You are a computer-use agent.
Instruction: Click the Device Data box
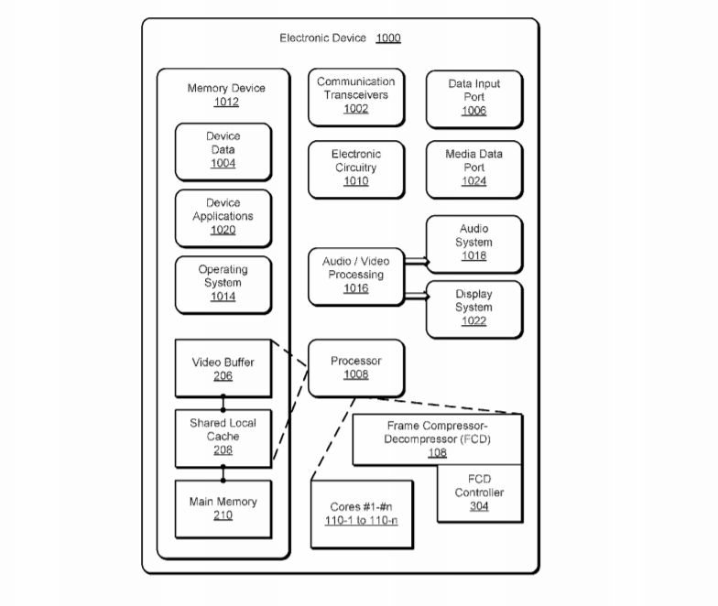tap(223, 151)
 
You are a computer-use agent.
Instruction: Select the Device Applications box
tap(223, 218)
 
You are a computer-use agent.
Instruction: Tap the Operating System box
tap(223, 284)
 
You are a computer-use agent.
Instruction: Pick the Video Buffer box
tap(223, 368)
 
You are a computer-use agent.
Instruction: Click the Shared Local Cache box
tap(223, 437)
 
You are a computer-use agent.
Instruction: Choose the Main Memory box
tap(223, 508)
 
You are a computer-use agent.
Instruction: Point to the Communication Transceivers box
tap(355, 96)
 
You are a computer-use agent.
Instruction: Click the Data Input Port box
tap(473, 98)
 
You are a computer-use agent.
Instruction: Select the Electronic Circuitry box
tap(355, 168)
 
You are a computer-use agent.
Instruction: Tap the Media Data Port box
tap(473, 168)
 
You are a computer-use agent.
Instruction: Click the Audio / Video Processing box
tap(355, 276)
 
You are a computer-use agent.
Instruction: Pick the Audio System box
tap(473, 243)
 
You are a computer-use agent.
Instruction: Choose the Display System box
tap(473, 308)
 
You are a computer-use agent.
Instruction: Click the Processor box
tap(355, 368)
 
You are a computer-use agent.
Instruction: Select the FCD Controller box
tap(479, 493)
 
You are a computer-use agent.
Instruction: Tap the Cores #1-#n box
tap(362, 514)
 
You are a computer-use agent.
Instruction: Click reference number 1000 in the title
tap(387, 38)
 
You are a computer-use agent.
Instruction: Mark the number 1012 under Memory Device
tap(225, 102)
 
